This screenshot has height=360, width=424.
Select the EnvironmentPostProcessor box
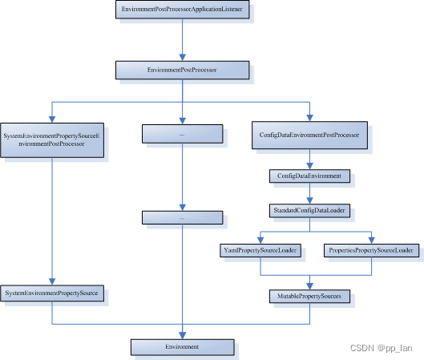click(182, 71)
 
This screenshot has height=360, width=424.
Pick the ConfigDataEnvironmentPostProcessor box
click(309, 135)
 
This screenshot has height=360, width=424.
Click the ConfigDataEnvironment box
click(309, 175)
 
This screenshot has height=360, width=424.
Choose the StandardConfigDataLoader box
click(309, 210)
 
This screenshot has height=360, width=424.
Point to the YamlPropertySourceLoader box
click(258, 251)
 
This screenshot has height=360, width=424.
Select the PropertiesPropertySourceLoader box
click(372, 251)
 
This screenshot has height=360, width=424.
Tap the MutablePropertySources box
click(309, 296)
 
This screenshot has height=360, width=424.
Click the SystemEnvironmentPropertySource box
click(51, 294)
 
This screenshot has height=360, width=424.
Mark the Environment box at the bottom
click(182, 346)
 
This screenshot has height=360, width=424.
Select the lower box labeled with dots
click(182, 216)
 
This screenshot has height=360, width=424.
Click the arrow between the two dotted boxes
click(183, 178)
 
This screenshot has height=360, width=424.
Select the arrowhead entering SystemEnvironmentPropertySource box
click(51, 281)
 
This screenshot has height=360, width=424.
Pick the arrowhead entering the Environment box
click(183, 334)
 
